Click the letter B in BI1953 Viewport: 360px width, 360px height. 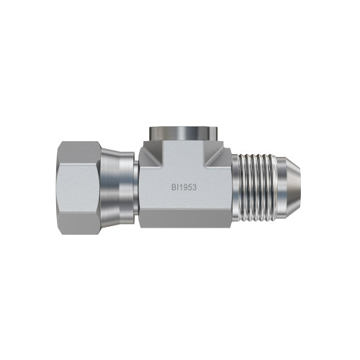click(174, 187)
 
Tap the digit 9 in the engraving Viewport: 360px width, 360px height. click(184, 187)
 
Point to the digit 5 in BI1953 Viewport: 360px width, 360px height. click(189, 187)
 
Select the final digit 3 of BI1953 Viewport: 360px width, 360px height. click(194, 187)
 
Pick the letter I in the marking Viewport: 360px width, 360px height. click(177, 187)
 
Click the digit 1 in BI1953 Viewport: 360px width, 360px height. click(180, 187)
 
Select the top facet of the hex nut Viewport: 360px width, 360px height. click(79, 153)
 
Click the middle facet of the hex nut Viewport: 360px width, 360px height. click(79, 188)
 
